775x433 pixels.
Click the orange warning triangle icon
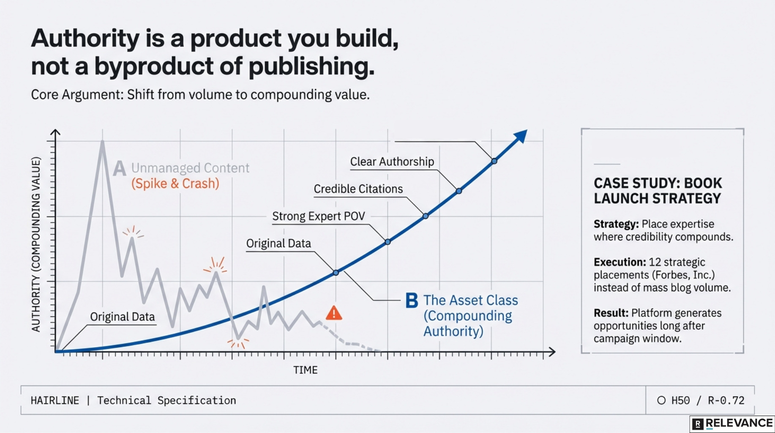click(334, 313)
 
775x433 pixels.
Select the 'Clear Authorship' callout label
click(392, 162)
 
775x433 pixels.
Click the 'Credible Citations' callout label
click(358, 189)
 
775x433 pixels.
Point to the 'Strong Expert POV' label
click(318, 216)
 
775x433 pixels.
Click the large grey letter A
click(120, 168)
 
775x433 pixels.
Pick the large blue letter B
click(412, 301)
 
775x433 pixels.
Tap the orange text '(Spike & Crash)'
click(175, 184)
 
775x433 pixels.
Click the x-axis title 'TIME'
click(305, 370)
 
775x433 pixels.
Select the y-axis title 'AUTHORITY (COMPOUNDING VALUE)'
click(36, 244)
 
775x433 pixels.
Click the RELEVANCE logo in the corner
click(733, 424)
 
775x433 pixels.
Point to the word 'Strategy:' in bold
click(616, 224)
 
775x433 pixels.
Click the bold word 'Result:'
click(611, 313)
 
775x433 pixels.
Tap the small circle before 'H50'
click(661, 400)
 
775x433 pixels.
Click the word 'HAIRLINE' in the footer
click(55, 400)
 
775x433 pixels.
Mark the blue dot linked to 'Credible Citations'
click(426, 216)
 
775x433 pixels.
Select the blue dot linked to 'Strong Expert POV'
click(387, 242)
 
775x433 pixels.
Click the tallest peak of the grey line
click(103, 142)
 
